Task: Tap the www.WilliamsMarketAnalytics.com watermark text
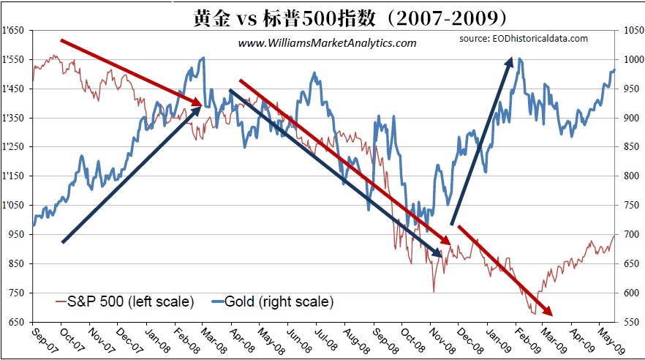[327, 43]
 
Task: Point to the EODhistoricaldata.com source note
[523, 38]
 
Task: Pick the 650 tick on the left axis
[18, 322]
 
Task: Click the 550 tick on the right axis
[630, 322]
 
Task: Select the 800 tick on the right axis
[630, 176]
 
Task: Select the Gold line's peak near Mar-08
[203, 57]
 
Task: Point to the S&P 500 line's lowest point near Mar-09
[535, 314]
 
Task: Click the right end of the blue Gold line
[615, 70]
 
